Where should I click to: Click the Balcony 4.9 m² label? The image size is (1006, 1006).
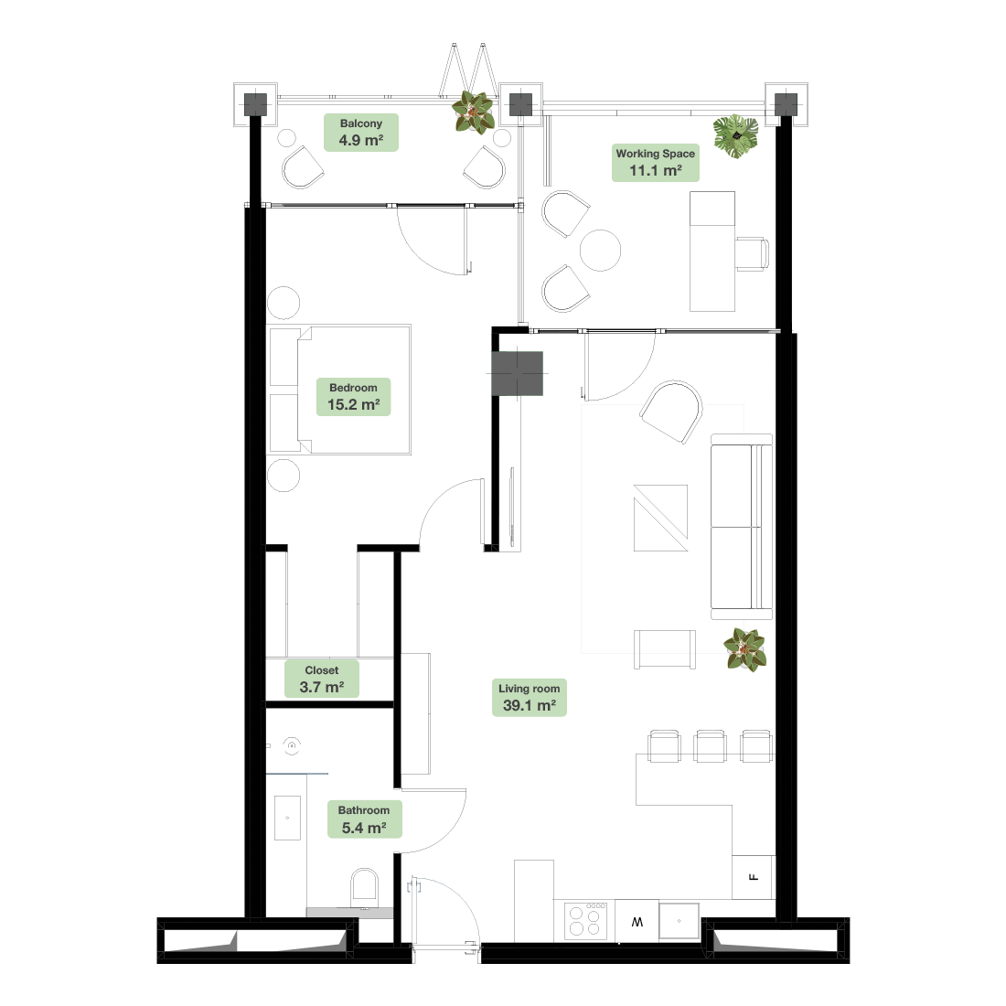360,133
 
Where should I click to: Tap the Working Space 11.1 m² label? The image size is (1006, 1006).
655,162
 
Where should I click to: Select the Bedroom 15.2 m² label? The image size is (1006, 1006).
353,397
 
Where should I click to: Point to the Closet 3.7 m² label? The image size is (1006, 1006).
321,679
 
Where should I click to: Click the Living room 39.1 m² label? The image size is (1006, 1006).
530,698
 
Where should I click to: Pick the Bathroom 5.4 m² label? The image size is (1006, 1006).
364,819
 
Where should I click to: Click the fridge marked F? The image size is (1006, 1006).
754,877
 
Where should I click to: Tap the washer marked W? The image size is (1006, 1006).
637,921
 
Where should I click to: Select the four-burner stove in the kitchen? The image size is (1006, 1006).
585,921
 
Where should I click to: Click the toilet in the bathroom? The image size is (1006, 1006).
364,888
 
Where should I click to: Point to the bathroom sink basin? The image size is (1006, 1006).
287,818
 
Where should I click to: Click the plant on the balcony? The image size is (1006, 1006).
474,112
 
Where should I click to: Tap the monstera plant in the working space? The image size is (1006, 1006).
736,136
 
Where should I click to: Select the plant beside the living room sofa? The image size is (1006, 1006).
744,649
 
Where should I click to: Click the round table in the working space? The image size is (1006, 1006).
600,251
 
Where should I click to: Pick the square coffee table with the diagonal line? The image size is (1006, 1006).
661,518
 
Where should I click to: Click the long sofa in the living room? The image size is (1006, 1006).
742,527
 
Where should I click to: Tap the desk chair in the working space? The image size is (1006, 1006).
752,254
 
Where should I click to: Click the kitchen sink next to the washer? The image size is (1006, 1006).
679,921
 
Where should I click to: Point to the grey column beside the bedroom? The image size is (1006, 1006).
517,373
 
